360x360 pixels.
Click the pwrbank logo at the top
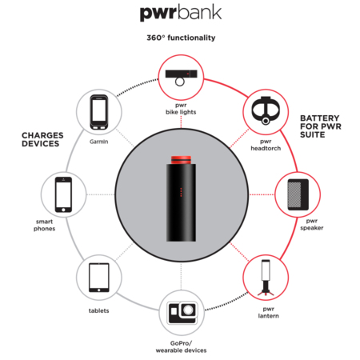[181, 14]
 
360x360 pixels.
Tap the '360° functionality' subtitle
[181, 38]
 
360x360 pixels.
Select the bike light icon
[181, 77]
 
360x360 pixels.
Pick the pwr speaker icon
[298, 194]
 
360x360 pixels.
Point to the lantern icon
[266, 278]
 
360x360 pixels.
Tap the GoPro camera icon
[182, 313]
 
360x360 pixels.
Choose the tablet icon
[99, 278]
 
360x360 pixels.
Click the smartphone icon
[63, 194]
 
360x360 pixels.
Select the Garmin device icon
[99, 112]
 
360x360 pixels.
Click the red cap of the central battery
[181, 160]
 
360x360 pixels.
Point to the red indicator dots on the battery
[181, 192]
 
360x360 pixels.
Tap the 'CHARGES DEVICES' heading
[42, 139]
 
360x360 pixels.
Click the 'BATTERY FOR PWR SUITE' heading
[321, 126]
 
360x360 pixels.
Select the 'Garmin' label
[99, 142]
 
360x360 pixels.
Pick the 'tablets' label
[98, 310]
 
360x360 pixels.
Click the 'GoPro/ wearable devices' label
[181, 346]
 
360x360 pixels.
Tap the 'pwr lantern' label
[268, 313]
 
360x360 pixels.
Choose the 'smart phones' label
[45, 225]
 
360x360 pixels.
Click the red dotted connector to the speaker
[262, 194]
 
